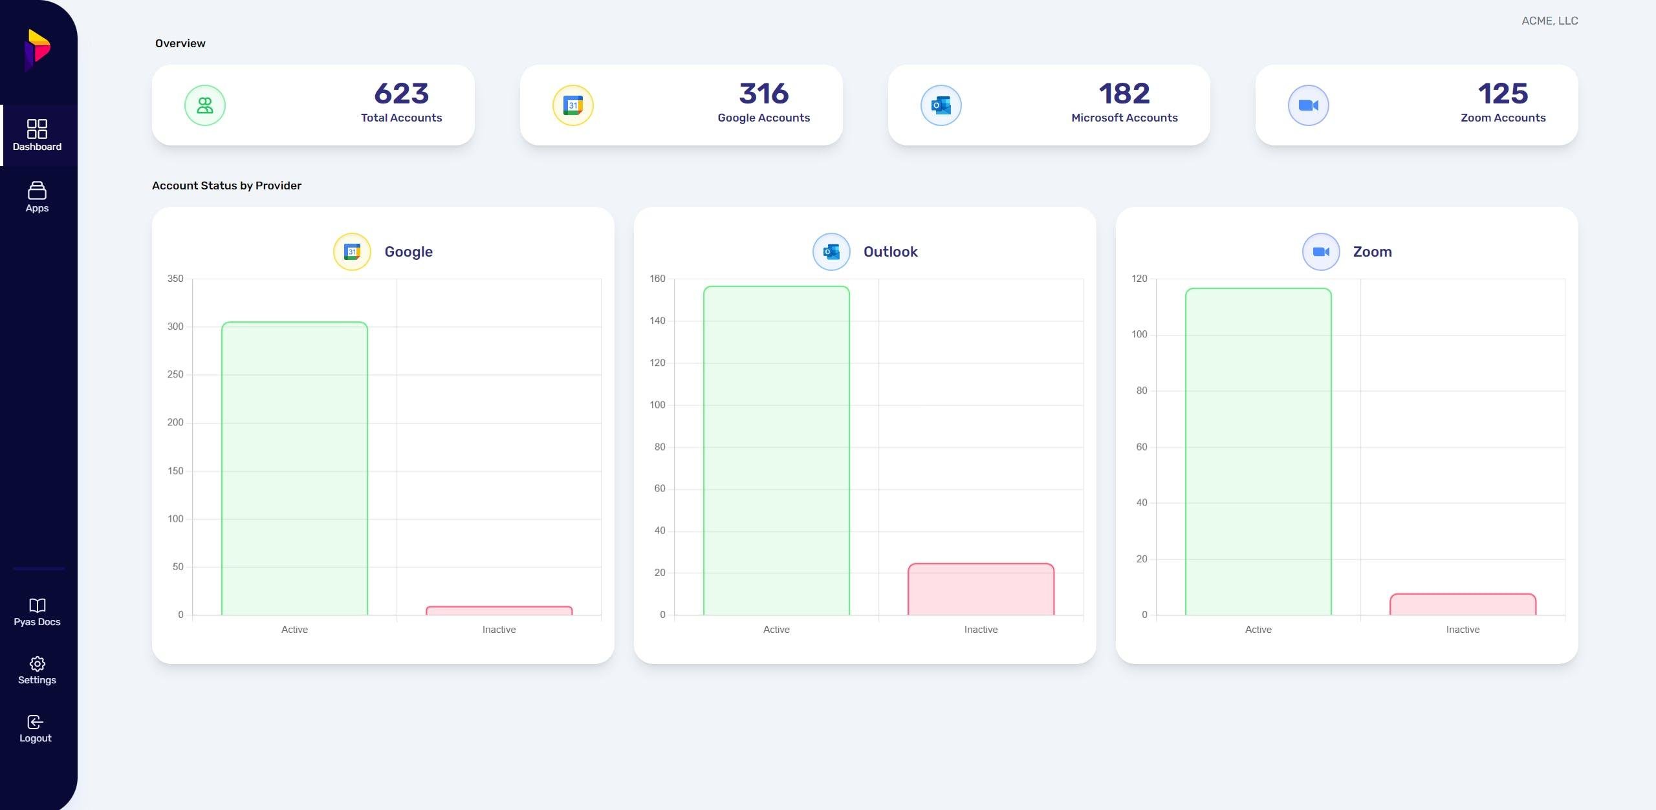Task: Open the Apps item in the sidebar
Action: [x=37, y=197]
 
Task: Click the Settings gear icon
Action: [x=37, y=664]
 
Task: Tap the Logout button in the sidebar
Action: [x=36, y=729]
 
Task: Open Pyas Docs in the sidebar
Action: [x=37, y=612]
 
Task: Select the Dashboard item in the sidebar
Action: [x=37, y=135]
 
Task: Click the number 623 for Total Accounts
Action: [x=401, y=94]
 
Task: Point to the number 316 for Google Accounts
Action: [x=763, y=94]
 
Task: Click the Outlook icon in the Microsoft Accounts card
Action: [x=941, y=105]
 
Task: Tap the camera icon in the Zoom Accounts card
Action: [x=1308, y=105]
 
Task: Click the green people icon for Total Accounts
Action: [x=205, y=105]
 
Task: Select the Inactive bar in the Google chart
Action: [x=499, y=610]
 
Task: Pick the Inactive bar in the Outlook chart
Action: [x=981, y=589]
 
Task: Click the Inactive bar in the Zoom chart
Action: [x=1463, y=604]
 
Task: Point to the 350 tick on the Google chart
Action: [x=175, y=279]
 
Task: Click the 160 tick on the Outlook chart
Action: [x=657, y=279]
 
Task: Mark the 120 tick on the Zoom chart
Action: [x=1139, y=279]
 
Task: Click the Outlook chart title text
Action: [x=890, y=251]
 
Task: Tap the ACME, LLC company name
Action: [x=1549, y=21]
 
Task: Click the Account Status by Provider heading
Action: [x=226, y=186]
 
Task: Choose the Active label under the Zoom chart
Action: [x=1258, y=630]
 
